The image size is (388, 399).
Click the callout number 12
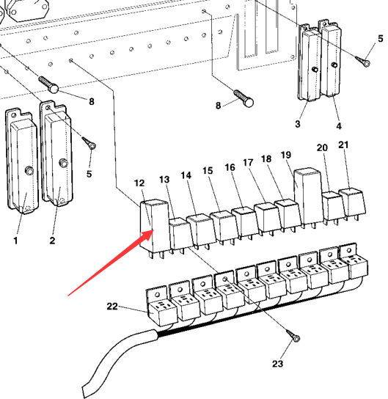(139, 183)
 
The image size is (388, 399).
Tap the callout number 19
(286, 155)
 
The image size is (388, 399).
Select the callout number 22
(112, 306)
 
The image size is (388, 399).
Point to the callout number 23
(277, 364)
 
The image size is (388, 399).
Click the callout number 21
(343, 144)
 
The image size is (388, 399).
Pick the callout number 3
(298, 124)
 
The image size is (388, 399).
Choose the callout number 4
(339, 125)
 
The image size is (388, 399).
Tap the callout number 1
(15, 241)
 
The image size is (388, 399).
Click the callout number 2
(52, 241)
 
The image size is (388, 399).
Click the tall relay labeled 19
(308, 197)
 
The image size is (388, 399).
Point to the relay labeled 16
(246, 223)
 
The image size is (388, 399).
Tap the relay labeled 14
(202, 230)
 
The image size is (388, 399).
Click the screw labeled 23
(293, 336)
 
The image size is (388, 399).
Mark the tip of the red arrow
(153, 230)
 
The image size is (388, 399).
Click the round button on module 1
(29, 170)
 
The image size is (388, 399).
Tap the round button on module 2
(63, 163)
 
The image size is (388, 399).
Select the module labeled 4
(330, 59)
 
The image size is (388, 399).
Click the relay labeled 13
(180, 235)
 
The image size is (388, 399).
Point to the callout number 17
(249, 163)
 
